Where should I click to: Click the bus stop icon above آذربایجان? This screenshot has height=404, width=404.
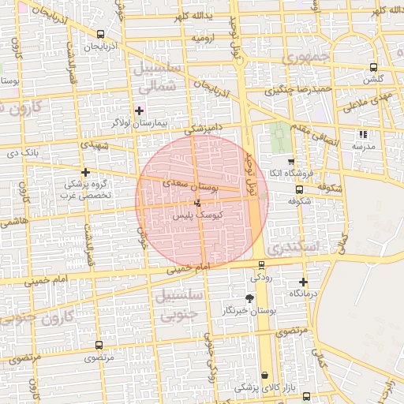100,35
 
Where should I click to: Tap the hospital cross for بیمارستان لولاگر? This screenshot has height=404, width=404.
140,110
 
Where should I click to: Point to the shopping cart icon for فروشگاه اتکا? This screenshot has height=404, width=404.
290,161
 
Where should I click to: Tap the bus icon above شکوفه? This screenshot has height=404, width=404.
299,189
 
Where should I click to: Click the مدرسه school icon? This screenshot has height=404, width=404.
362,135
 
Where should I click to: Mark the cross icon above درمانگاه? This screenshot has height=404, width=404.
303,282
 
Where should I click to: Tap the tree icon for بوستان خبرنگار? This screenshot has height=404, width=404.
250,298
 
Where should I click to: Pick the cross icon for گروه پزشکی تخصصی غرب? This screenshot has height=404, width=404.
85,172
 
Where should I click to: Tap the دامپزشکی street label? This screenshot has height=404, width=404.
204,127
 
